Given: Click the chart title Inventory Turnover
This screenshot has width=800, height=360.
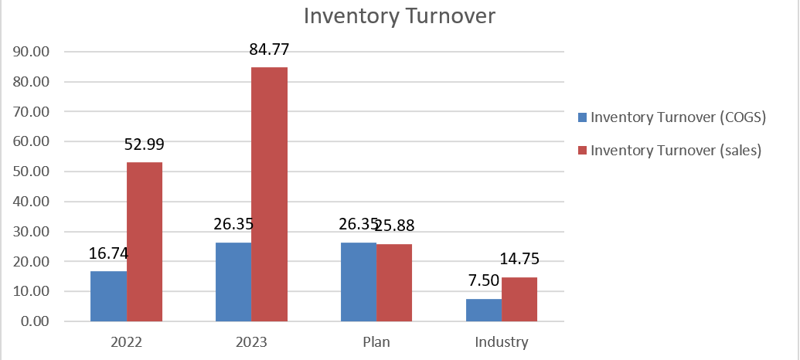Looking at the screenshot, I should [399, 16].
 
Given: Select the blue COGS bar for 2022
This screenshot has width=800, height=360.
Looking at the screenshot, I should [108, 296].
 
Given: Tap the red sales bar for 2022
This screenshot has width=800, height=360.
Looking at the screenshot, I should [145, 242].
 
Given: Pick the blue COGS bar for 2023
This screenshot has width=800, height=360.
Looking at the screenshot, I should [233, 282].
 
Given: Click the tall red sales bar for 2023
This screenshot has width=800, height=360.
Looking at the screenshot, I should [270, 194].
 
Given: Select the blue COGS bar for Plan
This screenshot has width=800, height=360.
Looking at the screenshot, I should [359, 282].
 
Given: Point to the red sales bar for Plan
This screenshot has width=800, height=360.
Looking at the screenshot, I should [394, 283].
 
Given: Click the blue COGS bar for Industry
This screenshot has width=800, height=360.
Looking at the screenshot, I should [484, 310].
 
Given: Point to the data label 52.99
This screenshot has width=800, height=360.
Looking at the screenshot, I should [144, 144].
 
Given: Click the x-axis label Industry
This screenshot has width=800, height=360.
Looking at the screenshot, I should [502, 341].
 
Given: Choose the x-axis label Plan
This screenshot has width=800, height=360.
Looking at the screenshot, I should [376, 341].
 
